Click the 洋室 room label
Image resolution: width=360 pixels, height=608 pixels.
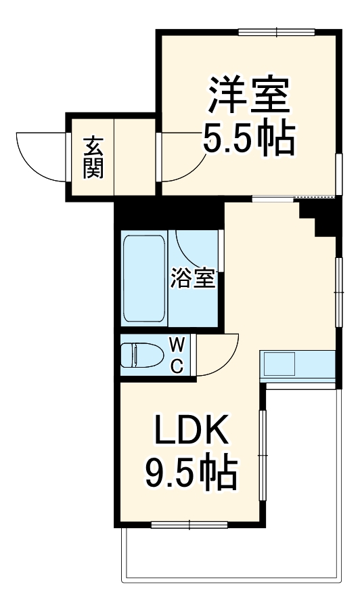pyautogui.click(x=248, y=96)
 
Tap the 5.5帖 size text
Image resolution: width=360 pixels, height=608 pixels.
pyautogui.click(x=248, y=139)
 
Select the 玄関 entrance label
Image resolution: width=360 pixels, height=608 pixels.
pyautogui.click(x=93, y=157)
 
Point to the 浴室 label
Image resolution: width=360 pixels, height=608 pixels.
pyautogui.click(x=193, y=278)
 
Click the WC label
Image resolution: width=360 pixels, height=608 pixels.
pyautogui.click(x=176, y=355)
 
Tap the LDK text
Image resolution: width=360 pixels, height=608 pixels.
pyautogui.click(x=191, y=431)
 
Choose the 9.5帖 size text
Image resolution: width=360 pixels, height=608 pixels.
pyautogui.click(x=191, y=474)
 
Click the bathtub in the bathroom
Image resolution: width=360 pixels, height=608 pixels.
pyautogui.click(x=143, y=278)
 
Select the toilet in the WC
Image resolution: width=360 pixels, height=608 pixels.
pyautogui.click(x=141, y=355)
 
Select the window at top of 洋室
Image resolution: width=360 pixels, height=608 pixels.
pyautogui.click(x=277, y=31)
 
